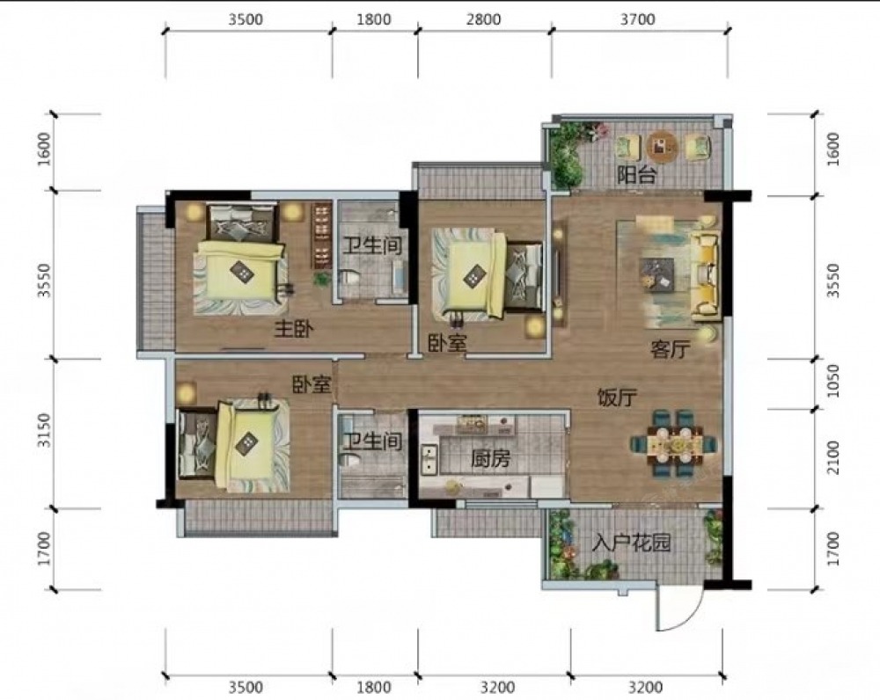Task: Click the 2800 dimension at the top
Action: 484,19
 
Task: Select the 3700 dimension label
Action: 637,19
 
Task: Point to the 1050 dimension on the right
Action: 833,381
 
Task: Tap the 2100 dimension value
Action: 833,457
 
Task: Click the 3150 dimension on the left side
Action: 45,430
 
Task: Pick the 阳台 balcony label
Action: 636,176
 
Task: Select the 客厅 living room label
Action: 670,349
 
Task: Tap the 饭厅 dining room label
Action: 616,397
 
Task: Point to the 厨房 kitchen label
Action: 490,459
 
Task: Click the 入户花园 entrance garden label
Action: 631,543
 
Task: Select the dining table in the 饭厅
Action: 674,445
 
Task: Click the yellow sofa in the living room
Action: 706,275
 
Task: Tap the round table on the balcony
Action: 663,147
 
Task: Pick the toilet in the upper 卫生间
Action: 351,278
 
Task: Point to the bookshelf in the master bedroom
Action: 320,235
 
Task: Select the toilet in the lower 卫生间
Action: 349,460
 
